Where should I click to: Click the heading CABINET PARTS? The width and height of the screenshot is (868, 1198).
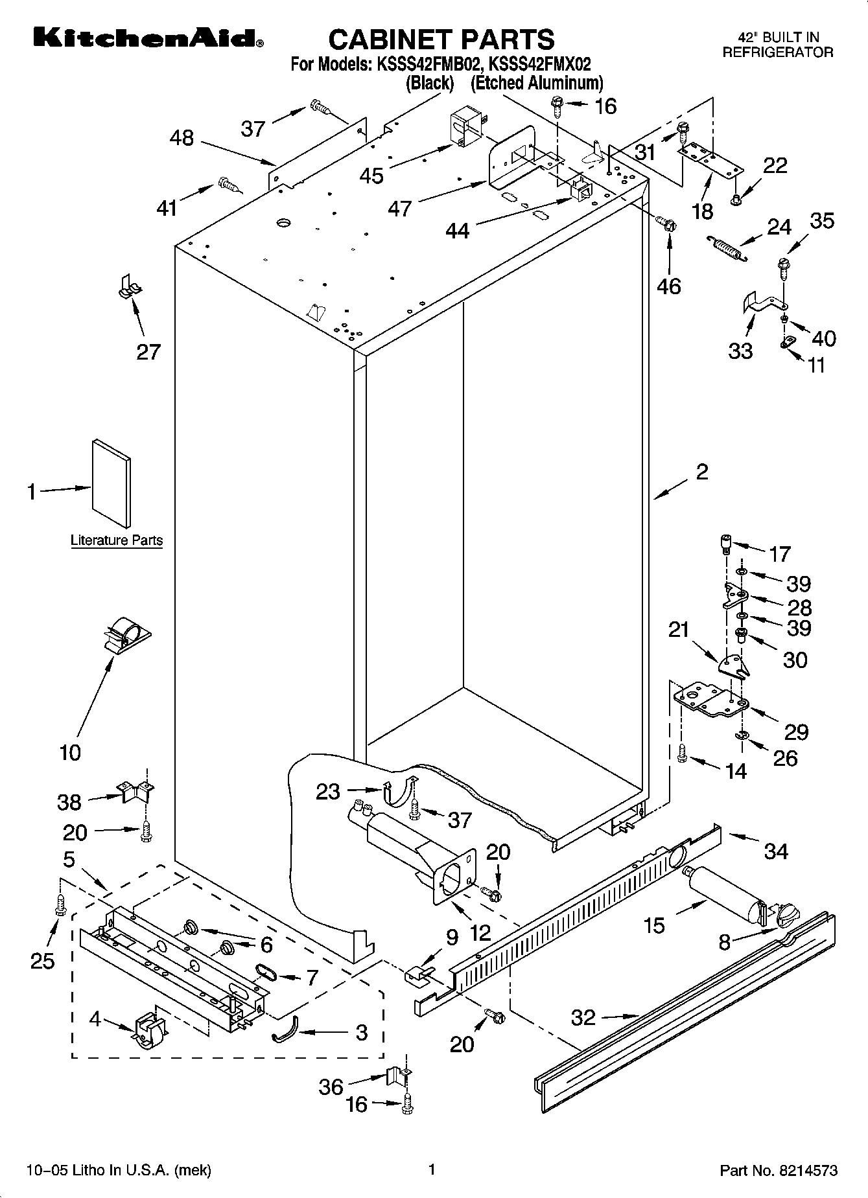tap(441, 40)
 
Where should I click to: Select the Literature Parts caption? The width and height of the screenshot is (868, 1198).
tap(117, 540)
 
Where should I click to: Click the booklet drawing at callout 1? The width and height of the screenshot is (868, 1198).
tap(111, 483)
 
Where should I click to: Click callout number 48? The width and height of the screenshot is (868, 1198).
tap(182, 138)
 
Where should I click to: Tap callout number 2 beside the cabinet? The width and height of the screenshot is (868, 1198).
tap(702, 472)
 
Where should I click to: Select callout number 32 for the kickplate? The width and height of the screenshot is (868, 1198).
tap(583, 1017)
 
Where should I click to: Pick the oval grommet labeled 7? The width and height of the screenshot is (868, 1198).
tap(266, 970)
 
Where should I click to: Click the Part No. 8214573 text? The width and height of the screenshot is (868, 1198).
tap(779, 1170)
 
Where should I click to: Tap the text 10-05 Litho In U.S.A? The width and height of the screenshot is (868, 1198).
tap(119, 1170)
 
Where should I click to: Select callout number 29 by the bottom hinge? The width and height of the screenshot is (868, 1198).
tap(796, 731)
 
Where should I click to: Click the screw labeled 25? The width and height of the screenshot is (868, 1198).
tap(60, 904)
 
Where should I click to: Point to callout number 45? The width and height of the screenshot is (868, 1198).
tap(372, 175)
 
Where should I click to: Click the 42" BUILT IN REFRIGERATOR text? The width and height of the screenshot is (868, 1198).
tap(777, 46)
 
